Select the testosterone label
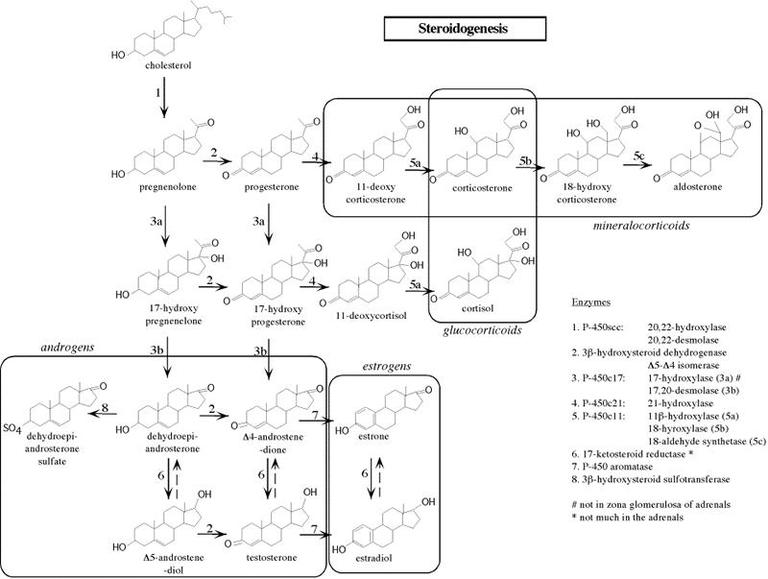click(x=267, y=554)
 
